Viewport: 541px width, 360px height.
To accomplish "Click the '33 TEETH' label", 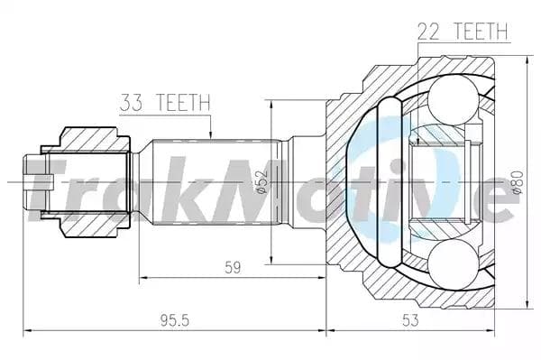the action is tap(165, 102).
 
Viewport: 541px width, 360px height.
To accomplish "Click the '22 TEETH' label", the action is tap(463, 32).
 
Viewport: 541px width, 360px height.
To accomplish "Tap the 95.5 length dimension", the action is tap(175, 321).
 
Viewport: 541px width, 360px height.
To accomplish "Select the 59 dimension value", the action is tap(233, 267).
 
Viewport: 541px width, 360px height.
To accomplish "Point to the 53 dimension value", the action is tap(410, 320).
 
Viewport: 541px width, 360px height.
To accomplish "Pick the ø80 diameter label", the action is tap(518, 182).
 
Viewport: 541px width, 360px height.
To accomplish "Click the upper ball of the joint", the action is tap(454, 99).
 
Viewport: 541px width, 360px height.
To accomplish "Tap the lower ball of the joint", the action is tap(454, 263).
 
